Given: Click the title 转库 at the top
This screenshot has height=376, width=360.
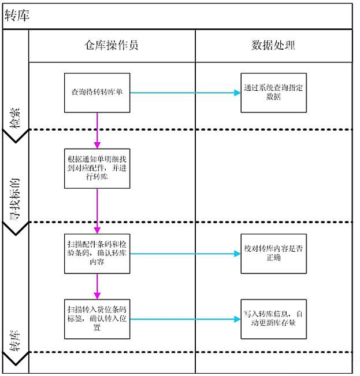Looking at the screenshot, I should tap(17, 16).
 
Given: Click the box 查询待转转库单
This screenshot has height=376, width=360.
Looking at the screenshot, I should tap(97, 93).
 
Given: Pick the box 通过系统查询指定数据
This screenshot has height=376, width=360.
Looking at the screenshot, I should tap(273, 93).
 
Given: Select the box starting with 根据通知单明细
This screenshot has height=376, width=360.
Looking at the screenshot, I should tap(97, 168).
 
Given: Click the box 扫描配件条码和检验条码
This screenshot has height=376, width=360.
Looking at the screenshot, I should tap(97, 253).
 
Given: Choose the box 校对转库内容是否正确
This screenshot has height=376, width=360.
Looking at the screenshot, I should tap(273, 253).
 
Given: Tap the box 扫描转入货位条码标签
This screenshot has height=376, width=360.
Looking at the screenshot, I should tap(97, 318).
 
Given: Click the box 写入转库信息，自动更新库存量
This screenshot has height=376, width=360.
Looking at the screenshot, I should tap(273, 318).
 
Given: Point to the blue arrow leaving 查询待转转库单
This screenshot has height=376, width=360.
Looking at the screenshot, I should tap(185, 93).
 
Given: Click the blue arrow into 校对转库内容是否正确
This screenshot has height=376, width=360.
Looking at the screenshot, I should tap(185, 253).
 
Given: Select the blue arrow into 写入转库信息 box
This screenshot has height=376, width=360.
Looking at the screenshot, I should tap(185, 318).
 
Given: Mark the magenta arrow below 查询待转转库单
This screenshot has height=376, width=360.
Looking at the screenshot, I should tap(97, 130).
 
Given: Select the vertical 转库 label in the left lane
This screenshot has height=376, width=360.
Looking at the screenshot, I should tap(16, 341).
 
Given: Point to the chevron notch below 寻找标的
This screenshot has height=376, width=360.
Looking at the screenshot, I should tap(16, 230).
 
